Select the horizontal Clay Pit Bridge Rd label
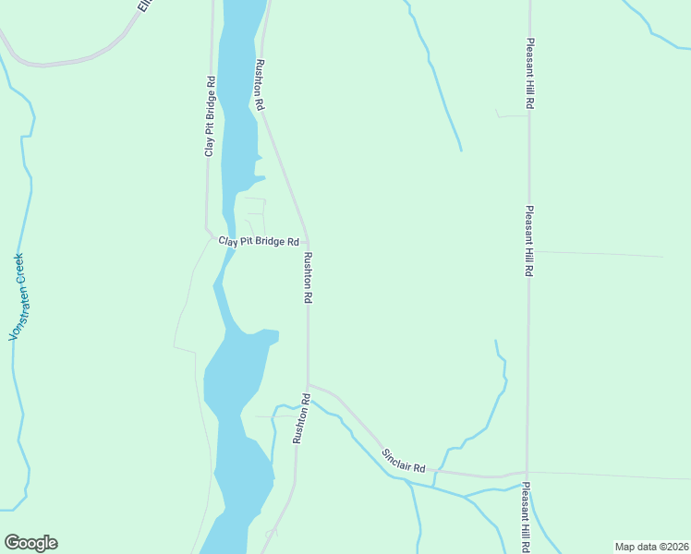[259, 242]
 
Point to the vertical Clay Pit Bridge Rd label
[211, 116]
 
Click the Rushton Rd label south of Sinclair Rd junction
[301, 418]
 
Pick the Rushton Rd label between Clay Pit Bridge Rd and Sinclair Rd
[309, 279]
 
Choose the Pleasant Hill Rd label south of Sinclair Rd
[526, 516]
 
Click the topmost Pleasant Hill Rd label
[530, 75]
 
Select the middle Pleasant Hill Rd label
[529, 241]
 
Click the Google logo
[30, 543]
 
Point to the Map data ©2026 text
[650, 546]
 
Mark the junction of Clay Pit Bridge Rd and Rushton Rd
[308, 242]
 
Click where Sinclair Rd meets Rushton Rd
[309, 384]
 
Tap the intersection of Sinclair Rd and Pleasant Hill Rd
[527, 474]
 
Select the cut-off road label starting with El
[144, 6]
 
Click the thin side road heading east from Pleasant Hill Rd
[600, 253]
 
